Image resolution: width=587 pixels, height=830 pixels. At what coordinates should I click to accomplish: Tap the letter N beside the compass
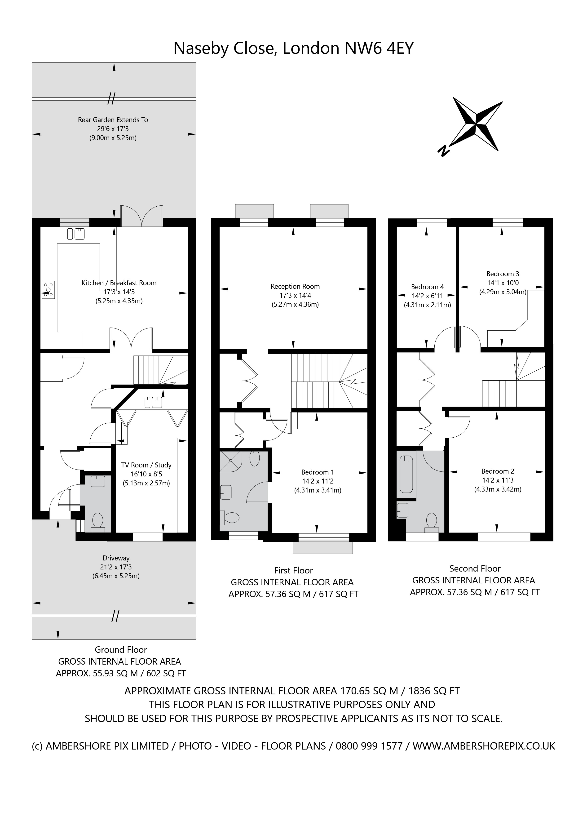coord(443,150)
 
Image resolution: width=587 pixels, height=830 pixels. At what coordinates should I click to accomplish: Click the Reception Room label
coord(295,286)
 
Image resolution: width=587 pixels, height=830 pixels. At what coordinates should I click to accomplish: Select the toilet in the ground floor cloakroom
coord(97,522)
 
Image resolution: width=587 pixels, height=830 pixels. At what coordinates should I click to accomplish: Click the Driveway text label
coord(116,558)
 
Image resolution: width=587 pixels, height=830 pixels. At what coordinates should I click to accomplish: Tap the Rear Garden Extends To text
coord(113,120)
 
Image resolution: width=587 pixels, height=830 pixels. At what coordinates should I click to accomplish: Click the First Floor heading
coord(293,570)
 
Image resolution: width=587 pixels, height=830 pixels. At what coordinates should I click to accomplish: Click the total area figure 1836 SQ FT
coord(434,691)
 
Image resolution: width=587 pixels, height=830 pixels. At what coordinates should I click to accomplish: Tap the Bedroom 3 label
coord(503,274)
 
